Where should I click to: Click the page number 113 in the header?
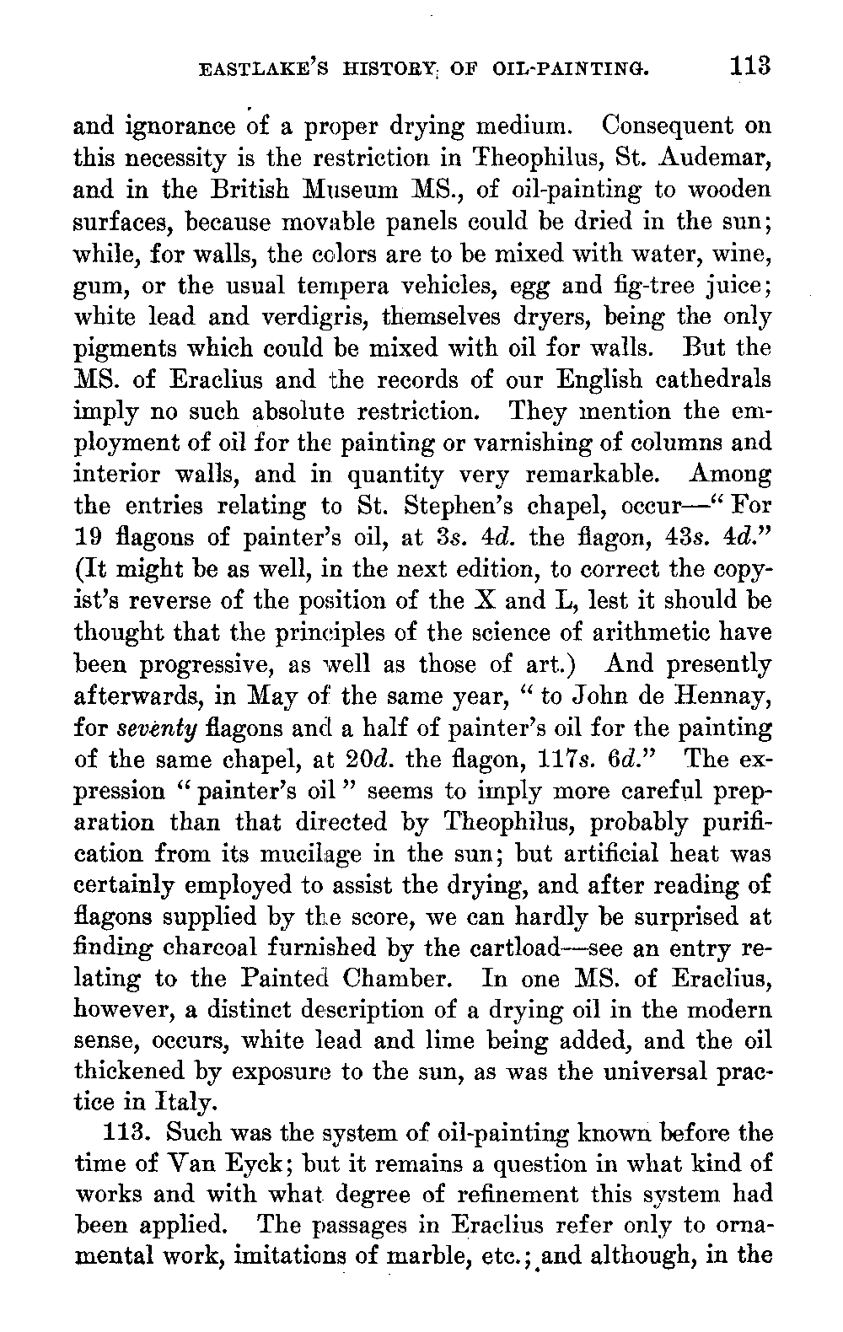coord(752,67)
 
